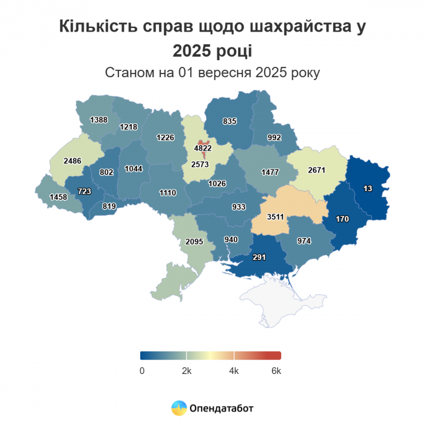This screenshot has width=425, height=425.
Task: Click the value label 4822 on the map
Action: click(x=203, y=148)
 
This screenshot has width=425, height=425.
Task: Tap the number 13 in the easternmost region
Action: click(x=368, y=189)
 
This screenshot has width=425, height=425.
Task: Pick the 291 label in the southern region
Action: click(x=260, y=257)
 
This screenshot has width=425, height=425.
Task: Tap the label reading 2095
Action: click(x=194, y=242)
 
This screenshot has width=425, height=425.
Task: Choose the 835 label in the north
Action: click(x=229, y=121)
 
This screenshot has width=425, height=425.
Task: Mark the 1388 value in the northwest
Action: click(x=98, y=120)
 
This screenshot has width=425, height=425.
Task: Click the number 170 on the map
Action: click(x=342, y=219)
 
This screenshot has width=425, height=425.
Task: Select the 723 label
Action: click(x=84, y=191)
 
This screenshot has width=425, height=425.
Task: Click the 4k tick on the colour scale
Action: click(x=234, y=371)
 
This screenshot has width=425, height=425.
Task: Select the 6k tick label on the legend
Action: click(x=276, y=371)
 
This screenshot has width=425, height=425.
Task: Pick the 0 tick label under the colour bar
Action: click(x=142, y=371)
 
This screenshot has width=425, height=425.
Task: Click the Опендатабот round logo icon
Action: click(x=179, y=409)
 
